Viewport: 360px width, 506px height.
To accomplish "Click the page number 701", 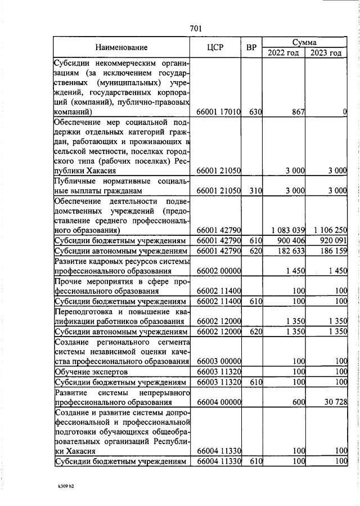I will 196,28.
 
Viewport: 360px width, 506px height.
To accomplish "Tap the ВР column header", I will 251,48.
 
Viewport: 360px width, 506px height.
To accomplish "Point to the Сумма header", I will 304,42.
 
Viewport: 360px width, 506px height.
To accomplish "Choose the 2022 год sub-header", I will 283,53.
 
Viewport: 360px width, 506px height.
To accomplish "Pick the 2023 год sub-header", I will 326,53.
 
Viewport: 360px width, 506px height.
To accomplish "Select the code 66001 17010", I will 218,112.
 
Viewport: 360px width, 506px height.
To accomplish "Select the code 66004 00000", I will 218,402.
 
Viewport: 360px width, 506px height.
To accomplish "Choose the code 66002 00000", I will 218,271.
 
